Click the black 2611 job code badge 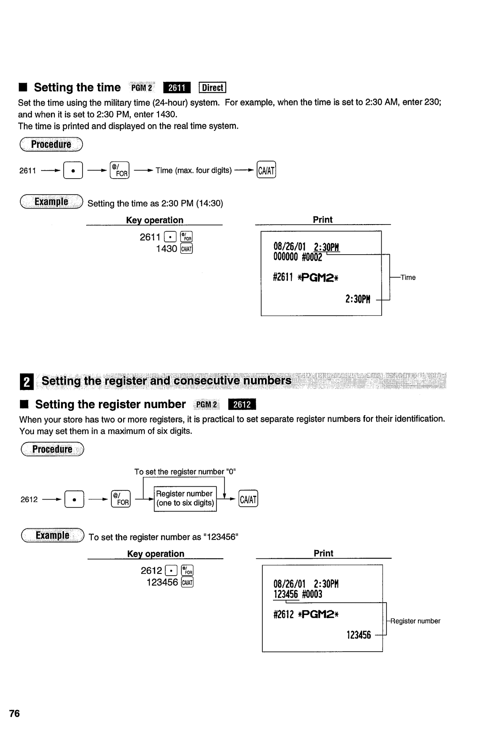tap(177, 88)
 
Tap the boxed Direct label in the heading tap(212, 88)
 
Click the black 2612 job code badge tap(242, 405)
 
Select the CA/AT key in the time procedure tap(266, 170)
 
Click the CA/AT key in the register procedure tap(248, 500)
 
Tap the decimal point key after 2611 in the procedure tap(73, 170)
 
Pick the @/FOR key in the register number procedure tap(121, 500)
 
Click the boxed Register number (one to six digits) tap(185, 498)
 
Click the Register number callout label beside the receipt tap(415, 621)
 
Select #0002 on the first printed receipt tap(312, 257)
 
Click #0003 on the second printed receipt tap(312, 594)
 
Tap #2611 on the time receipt tap(283, 278)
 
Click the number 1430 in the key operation tap(166, 249)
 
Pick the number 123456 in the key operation tap(162, 582)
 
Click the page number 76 tap(15, 714)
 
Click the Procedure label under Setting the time tap(51, 145)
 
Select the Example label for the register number tap(52, 536)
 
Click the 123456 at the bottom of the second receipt tap(359, 635)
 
